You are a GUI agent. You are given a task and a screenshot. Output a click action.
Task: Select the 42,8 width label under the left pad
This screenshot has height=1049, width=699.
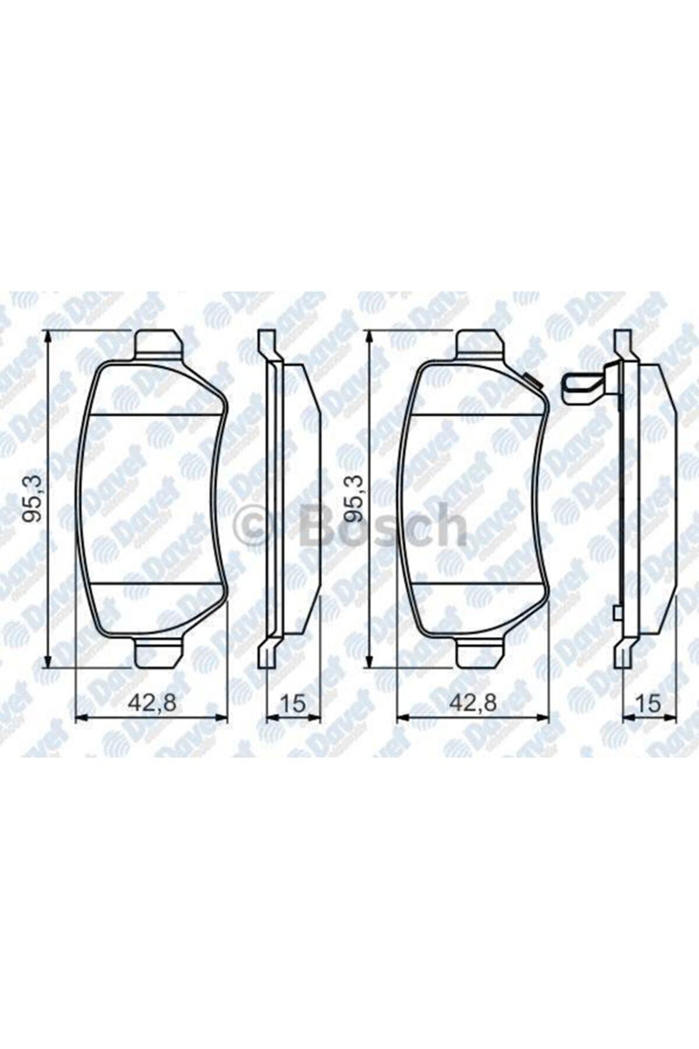152,703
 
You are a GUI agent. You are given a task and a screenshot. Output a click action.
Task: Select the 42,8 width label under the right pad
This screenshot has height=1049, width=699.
472,703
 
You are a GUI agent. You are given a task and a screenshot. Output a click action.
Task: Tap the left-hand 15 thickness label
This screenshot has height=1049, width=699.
293,703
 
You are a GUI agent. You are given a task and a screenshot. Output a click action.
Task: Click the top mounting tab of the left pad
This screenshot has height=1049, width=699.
158,344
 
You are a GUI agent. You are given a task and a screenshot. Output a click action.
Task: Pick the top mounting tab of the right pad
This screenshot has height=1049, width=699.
480,344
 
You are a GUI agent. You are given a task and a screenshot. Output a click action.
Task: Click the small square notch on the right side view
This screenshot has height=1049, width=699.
617,613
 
